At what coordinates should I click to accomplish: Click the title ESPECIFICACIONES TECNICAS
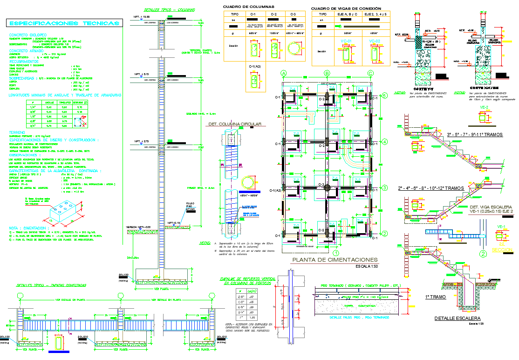64,23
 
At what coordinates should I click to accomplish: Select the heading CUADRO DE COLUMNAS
248,7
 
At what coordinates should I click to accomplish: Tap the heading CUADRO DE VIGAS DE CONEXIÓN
346,8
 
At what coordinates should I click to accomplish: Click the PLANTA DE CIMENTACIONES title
334,260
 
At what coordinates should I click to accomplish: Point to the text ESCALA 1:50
366,267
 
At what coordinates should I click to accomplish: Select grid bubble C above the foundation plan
370,73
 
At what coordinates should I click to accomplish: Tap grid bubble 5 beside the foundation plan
384,96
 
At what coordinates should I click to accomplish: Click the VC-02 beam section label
375,42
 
